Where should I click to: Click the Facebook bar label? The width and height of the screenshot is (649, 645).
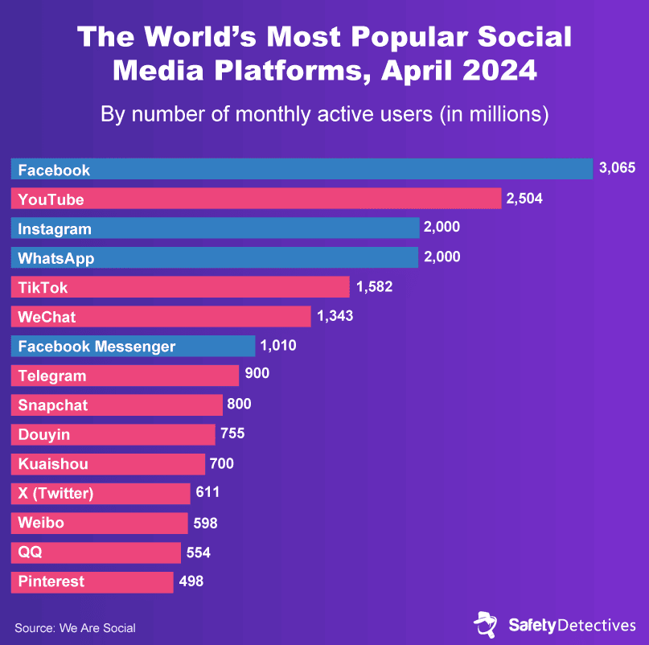click(54, 170)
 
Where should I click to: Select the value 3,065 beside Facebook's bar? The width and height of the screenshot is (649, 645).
click(617, 168)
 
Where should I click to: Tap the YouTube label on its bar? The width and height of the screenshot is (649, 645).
click(51, 199)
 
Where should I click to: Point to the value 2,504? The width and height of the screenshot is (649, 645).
click(524, 198)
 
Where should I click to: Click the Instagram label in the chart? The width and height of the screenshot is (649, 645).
click(55, 229)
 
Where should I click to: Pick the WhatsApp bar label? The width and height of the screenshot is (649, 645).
click(56, 258)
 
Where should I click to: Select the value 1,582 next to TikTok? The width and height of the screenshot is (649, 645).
click(374, 286)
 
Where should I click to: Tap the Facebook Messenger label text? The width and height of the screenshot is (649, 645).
click(97, 347)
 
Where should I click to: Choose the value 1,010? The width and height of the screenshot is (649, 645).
click(278, 345)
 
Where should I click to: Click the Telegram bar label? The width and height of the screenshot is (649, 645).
click(52, 376)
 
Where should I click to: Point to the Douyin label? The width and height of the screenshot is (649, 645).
click(44, 434)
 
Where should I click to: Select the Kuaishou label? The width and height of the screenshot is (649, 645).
click(53, 464)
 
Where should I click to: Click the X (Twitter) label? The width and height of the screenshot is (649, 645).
click(55, 494)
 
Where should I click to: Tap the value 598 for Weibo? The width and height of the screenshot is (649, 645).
click(205, 522)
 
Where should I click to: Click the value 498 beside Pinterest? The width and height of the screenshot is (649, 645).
click(191, 581)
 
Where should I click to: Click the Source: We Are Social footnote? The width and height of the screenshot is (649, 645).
click(75, 628)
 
